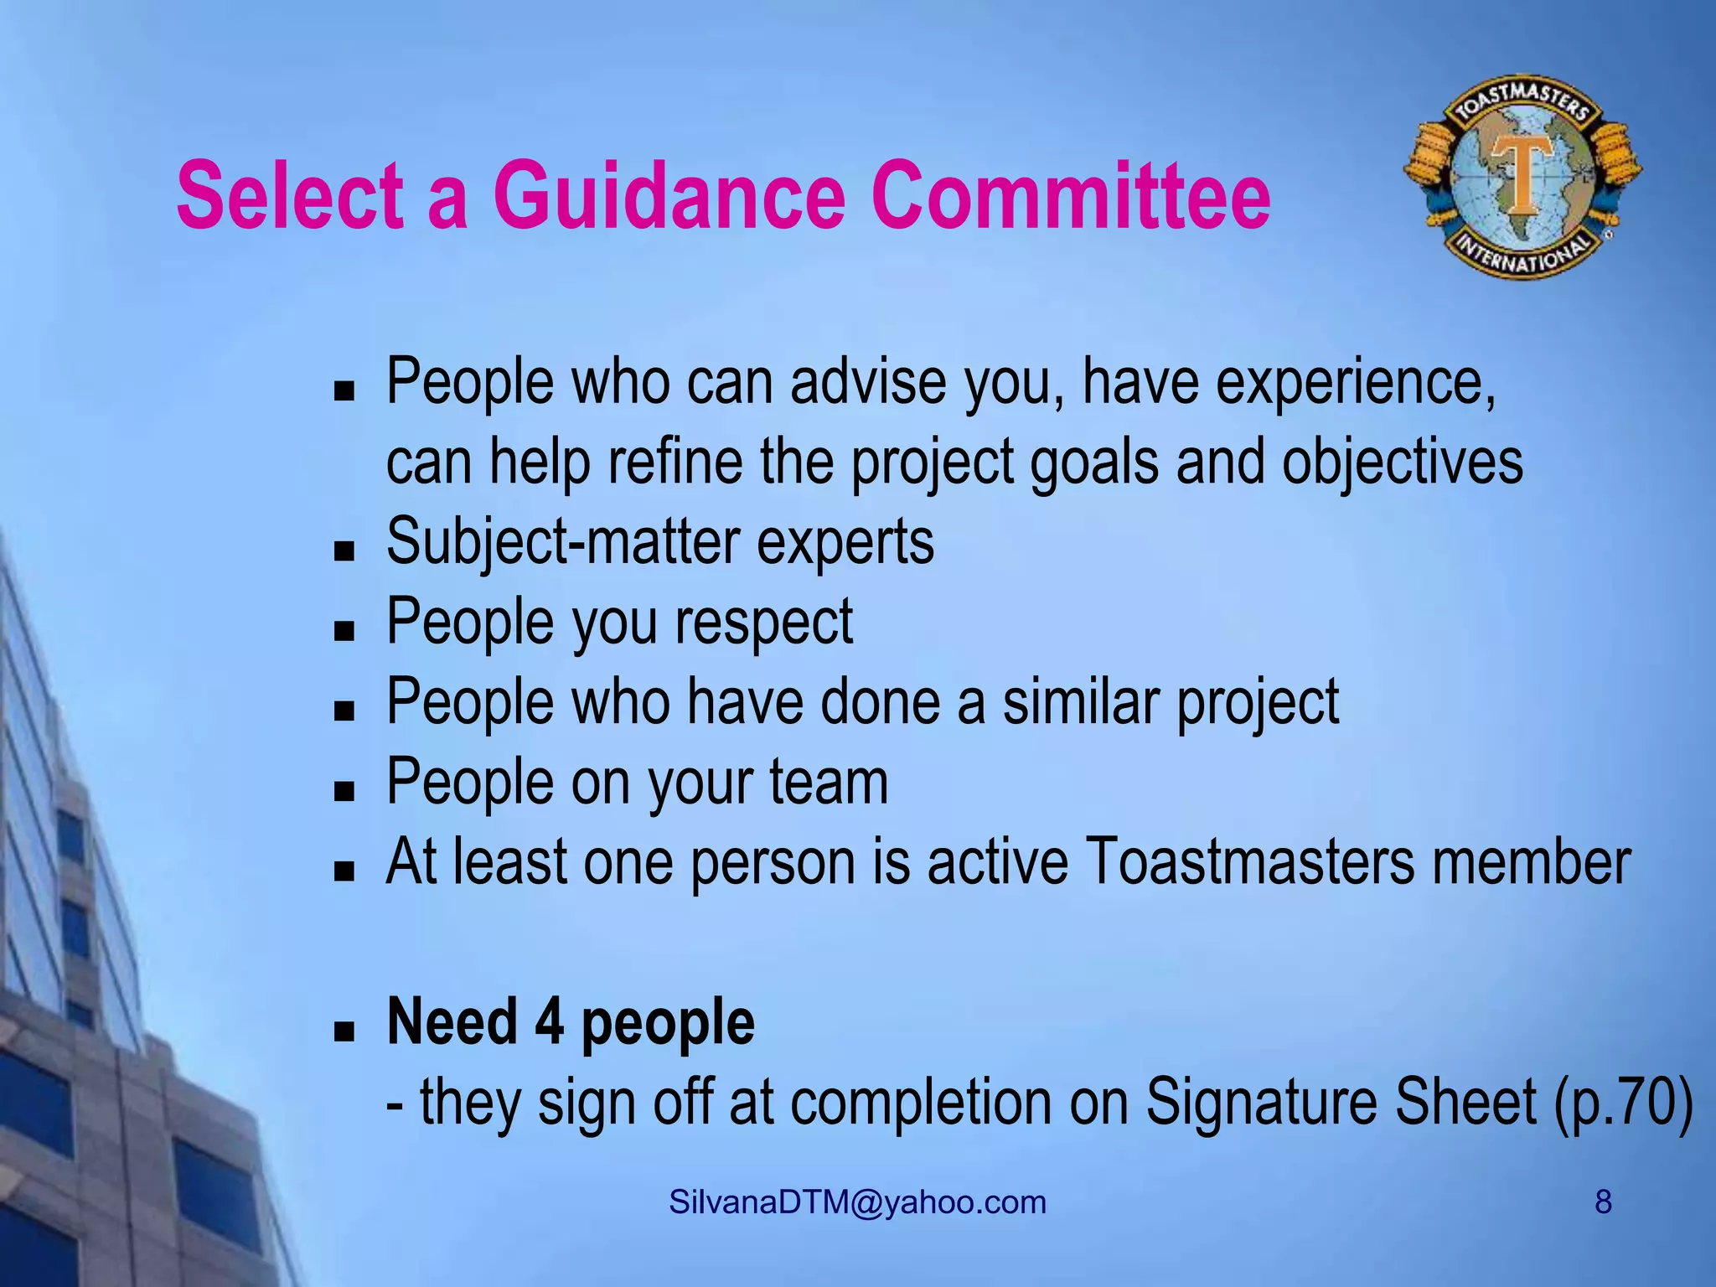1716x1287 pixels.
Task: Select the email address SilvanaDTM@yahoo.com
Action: (857, 1202)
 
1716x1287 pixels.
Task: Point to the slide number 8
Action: (1602, 1202)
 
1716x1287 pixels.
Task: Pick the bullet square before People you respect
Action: (344, 630)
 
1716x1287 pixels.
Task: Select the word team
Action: (829, 782)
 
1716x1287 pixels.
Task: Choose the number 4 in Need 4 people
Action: (549, 1023)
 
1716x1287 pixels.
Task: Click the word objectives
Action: (1402, 463)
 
